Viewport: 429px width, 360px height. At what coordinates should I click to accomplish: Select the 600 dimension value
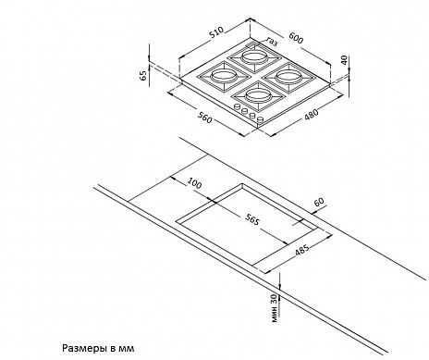click(296, 38)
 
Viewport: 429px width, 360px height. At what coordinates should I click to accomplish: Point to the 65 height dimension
click(143, 75)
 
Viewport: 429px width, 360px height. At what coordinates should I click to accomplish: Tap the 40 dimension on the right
click(344, 59)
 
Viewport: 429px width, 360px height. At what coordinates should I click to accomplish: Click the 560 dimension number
click(205, 118)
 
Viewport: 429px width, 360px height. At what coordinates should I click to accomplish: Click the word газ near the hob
click(272, 42)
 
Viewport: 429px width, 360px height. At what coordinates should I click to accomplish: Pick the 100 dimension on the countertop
click(194, 183)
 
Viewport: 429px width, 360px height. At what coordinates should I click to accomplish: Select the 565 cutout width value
click(252, 219)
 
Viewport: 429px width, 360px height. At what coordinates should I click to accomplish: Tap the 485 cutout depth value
click(302, 251)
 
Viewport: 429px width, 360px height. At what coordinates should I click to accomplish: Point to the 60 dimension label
click(319, 202)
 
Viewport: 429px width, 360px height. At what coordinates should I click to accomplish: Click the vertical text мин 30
click(275, 308)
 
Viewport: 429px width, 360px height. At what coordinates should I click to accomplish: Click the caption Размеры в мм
click(99, 349)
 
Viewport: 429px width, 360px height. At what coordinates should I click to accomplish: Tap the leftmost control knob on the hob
click(238, 106)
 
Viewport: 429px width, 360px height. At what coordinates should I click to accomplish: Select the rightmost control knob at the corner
click(260, 119)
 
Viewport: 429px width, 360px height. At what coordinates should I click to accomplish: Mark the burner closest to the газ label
click(254, 57)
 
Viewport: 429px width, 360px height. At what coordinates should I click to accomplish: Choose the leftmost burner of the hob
click(222, 76)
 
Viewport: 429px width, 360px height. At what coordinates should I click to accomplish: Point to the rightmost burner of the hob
click(287, 77)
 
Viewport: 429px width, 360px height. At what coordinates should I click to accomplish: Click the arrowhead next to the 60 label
click(313, 212)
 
